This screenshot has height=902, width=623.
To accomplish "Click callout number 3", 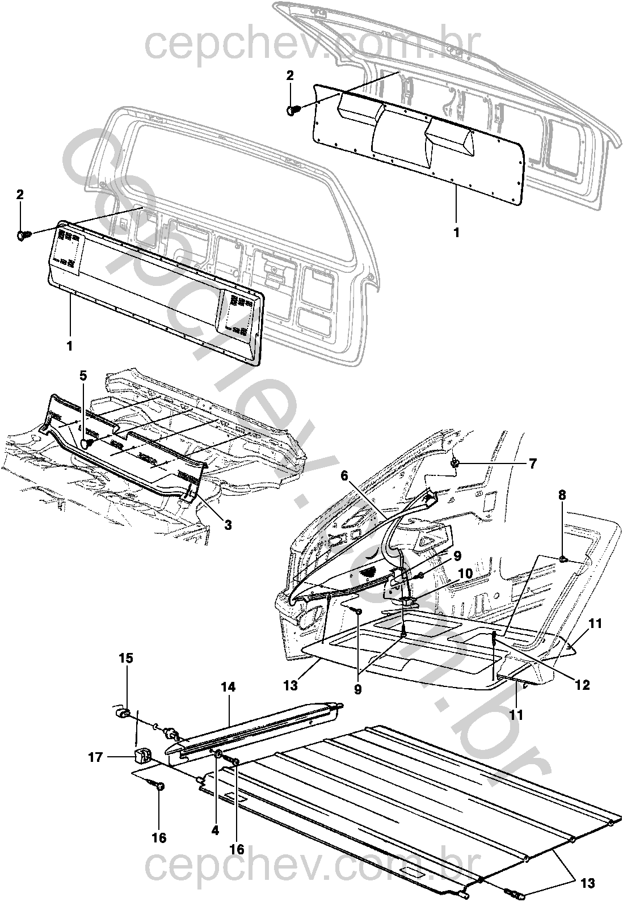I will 228,525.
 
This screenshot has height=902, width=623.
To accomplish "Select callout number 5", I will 83,375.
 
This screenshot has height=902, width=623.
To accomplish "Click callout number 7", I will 532,465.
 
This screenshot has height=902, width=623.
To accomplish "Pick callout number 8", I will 562,495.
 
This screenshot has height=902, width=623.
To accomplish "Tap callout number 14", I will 229,688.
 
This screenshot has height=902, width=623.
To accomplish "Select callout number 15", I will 126,658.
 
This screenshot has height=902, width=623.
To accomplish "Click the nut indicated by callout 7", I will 456,465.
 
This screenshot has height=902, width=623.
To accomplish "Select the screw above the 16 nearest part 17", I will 159,786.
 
